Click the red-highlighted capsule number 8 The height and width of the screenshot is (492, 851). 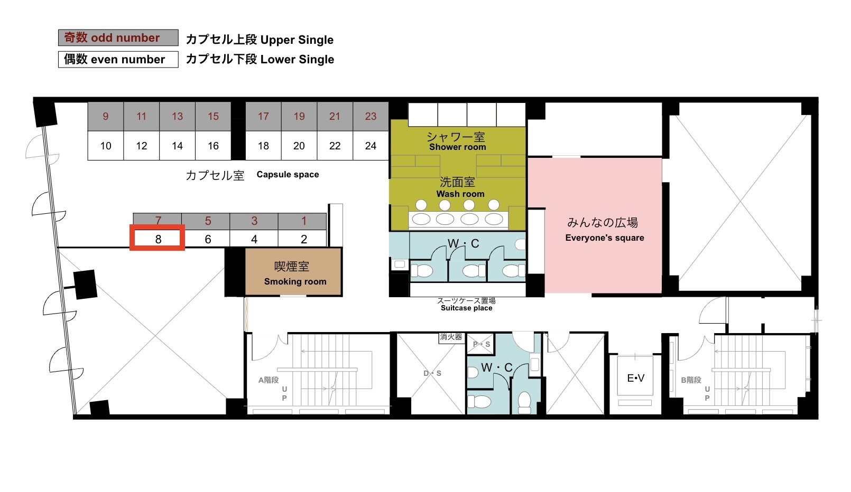pos(158,238)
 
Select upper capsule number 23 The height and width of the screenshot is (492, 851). pos(371,117)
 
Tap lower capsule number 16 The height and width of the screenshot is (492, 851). pos(213,146)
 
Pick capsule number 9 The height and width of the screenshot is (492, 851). pos(106,117)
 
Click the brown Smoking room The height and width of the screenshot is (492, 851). pos(293,272)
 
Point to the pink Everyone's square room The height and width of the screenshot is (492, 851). pos(603,225)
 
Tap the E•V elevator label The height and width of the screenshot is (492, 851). pos(635,378)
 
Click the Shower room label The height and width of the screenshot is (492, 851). pos(457,147)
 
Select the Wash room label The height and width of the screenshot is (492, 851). pos(460,194)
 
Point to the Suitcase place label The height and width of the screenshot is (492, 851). pos(466,308)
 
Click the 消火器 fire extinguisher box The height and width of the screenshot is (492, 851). pos(451,337)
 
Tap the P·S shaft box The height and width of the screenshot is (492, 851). pos(480,344)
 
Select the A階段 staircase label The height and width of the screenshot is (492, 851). pos(269,380)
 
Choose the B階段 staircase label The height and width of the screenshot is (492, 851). pos(691,380)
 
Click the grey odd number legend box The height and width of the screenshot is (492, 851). pos(118,37)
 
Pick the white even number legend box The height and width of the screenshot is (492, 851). pos(118,59)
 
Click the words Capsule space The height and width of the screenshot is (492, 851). pos(288,175)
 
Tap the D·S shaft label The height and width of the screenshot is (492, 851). pos(432,373)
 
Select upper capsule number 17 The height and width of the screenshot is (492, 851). pos(263,117)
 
